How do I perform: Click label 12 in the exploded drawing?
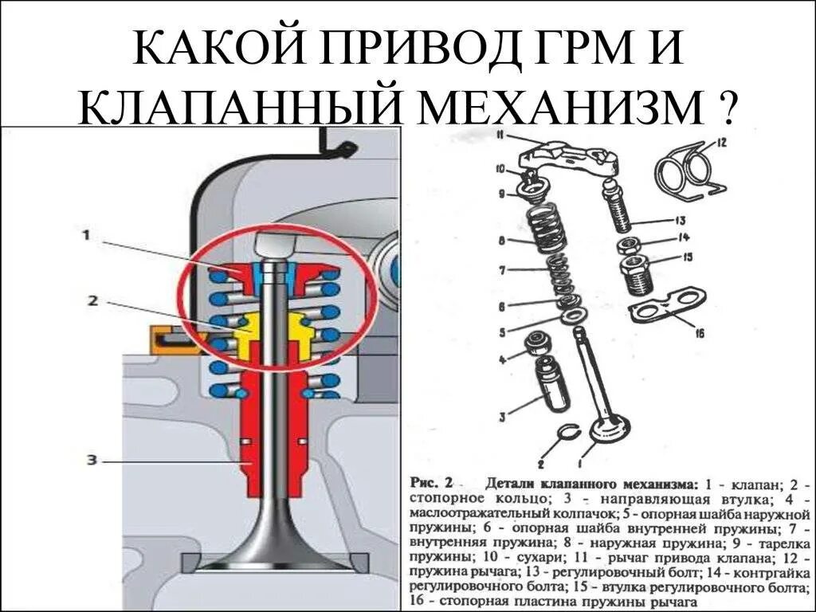[721, 143]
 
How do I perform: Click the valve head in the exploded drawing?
[605, 433]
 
